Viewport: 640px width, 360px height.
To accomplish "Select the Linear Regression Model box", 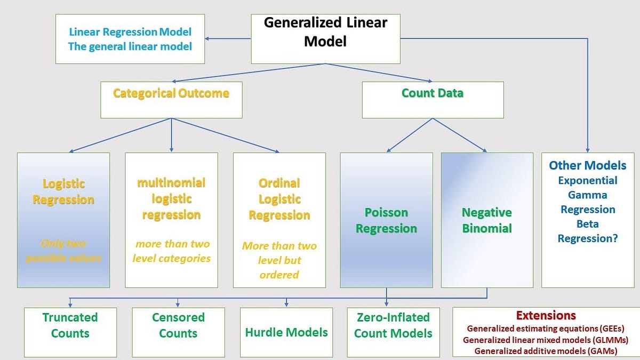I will tap(130, 38).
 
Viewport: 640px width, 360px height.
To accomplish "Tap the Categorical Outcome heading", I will tap(171, 94).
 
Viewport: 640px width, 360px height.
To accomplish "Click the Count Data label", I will tap(432, 93).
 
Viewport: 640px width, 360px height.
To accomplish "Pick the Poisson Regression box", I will tap(386, 221).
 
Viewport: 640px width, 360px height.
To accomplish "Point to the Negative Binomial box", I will tap(486, 221).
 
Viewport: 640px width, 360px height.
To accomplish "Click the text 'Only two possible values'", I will tap(63, 251).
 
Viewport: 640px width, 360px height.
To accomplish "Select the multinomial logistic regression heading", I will tap(171, 199).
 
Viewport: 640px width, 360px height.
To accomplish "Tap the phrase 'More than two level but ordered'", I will tap(279, 260).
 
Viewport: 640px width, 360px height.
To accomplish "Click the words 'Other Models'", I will tap(587, 165).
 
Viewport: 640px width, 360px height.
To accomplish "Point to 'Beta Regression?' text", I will tap(587, 231).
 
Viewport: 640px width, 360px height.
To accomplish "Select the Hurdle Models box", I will tap(286, 332).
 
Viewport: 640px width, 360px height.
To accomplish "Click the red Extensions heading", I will tap(546, 315).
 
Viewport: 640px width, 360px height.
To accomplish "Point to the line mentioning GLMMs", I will tap(546, 340).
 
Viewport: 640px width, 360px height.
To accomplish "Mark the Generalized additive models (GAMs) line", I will tap(546, 351).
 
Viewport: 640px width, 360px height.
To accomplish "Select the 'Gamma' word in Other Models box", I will tap(587, 195).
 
